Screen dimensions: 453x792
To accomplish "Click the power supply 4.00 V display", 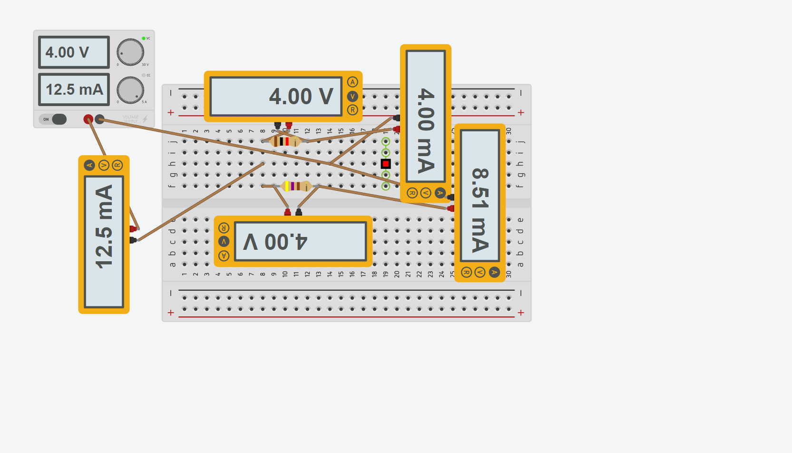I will pyautogui.click(x=74, y=52).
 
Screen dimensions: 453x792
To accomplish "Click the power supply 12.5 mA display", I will pyautogui.click(x=74, y=89).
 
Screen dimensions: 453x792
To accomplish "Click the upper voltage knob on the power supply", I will pyautogui.click(x=130, y=52).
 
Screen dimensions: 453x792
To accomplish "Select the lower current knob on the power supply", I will pyautogui.click(x=130, y=90).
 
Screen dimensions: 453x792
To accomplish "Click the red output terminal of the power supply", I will pyautogui.click(x=88, y=119).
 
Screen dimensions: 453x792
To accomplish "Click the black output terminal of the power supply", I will pyautogui.click(x=99, y=119).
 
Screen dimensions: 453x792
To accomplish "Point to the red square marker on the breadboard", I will pyautogui.click(x=386, y=164).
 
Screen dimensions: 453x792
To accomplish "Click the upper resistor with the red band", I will pyautogui.click(x=284, y=141).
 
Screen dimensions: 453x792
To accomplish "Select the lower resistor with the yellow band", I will pyautogui.click(x=296, y=186).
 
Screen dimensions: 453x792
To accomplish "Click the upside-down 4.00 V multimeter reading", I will pyautogui.click(x=300, y=242).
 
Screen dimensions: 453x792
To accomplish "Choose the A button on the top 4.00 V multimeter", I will pyautogui.click(x=352, y=82).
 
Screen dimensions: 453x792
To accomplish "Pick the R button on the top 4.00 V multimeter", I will pyautogui.click(x=352, y=110).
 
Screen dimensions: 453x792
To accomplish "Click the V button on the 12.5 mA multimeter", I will pyautogui.click(x=104, y=165).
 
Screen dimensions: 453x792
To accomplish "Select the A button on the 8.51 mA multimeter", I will pyautogui.click(x=494, y=272).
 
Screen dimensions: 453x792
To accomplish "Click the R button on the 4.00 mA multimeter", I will pyautogui.click(x=412, y=193).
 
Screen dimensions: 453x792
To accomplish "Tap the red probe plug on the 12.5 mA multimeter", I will pyautogui.click(x=133, y=229).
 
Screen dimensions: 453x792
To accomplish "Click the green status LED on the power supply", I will pyautogui.click(x=144, y=38).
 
